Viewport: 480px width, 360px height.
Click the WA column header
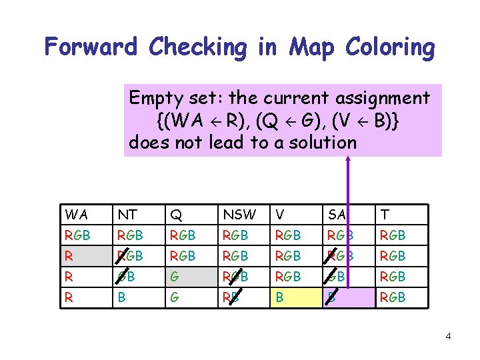[x=77, y=214]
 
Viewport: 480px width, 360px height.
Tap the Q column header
[x=176, y=214]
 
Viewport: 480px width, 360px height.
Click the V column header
[x=280, y=214]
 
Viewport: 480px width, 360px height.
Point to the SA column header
[x=337, y=214]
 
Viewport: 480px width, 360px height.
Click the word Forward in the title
[x=90, y=47]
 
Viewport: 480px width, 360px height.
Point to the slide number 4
[x=448, y=336]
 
